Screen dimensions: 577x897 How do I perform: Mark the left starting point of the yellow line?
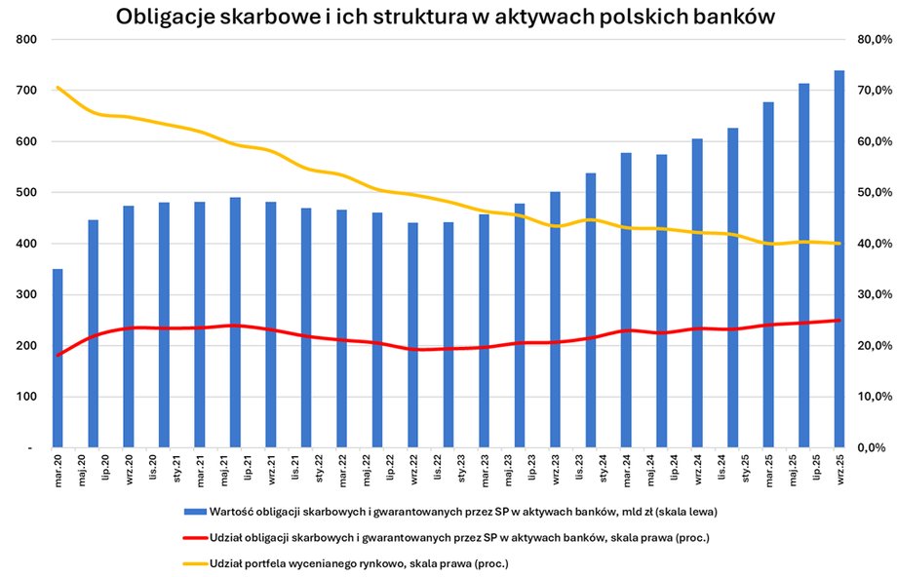[58, 88]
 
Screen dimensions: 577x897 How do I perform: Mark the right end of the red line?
[839, 320]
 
